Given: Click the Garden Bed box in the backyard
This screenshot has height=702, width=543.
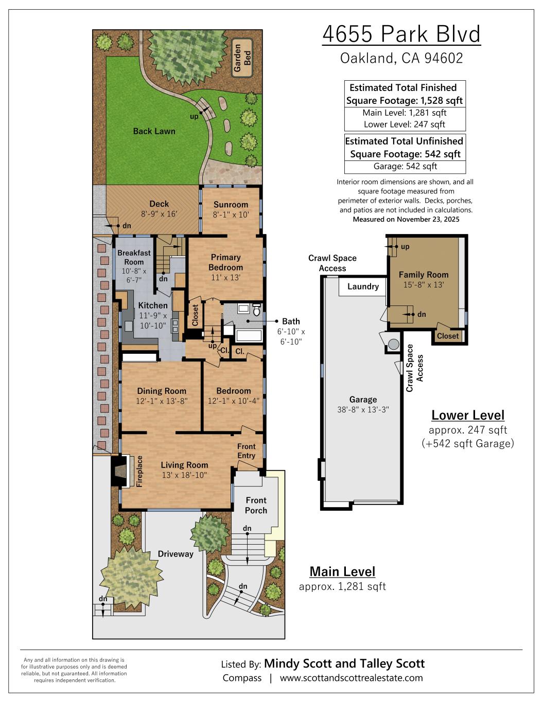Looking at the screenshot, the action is [242, 58].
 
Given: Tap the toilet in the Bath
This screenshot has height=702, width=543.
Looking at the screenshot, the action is [257, 310].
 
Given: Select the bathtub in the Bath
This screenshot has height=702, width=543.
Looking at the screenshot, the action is [249, 336].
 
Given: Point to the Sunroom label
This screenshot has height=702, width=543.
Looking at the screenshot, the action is [231, 205].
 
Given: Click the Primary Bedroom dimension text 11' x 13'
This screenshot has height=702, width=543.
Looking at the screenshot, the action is [225, 277].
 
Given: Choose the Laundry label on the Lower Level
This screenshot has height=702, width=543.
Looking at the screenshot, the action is [363, 286].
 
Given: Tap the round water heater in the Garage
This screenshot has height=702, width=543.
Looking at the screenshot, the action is [393, 344].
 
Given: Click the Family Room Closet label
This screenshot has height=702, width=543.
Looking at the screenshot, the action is [448, 336].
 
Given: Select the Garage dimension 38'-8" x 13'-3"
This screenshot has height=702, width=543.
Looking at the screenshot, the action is [363, 410].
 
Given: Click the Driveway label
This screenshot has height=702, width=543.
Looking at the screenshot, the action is [176, 554].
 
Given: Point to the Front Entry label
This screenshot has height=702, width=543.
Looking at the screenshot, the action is [247, 451].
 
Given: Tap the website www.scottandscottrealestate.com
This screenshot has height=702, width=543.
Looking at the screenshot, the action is [352, 678].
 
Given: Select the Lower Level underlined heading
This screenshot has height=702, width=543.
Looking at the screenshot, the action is [468, 416].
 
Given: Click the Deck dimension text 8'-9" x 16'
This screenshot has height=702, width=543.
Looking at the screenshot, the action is [159, 214].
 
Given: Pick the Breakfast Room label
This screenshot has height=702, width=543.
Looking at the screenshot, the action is [134, 257].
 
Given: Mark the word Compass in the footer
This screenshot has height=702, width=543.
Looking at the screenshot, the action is [242, 678].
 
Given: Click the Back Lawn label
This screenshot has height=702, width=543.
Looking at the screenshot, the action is [154, 131].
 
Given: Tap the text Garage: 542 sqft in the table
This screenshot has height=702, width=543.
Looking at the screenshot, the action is [405, 167].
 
